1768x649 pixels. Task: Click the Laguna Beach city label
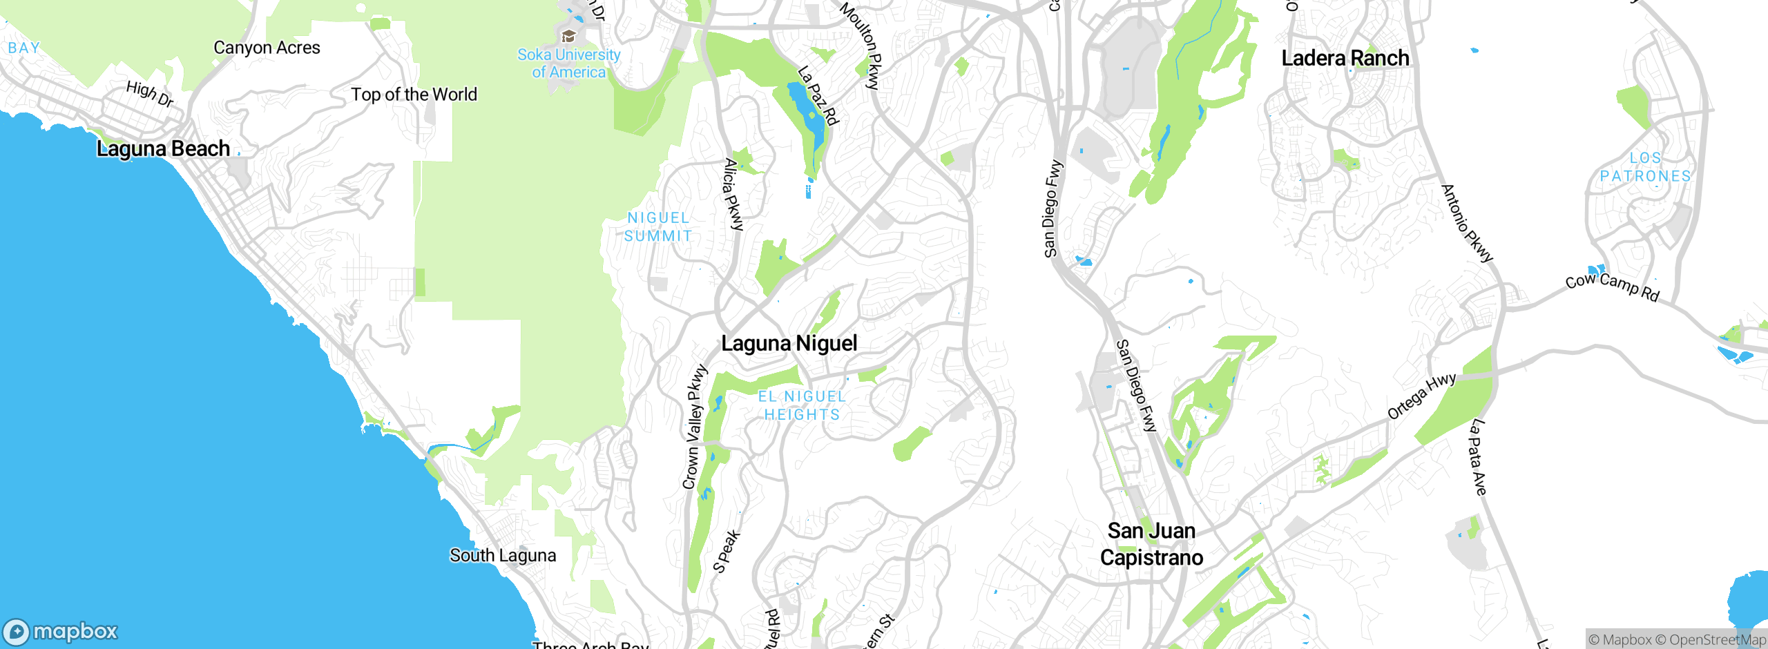click(163, 148)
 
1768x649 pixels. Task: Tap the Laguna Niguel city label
click(789, 343)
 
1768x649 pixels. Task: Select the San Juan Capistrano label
click(1151, 544)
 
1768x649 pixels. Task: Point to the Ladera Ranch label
click(1345, 58)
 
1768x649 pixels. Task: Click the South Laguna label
click(503, 555)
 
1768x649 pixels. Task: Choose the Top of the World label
click(414, 95)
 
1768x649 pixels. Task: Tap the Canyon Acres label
click(267, 48)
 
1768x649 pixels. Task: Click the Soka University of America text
click(569, 64)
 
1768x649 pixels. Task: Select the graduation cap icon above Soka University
click(568, 36)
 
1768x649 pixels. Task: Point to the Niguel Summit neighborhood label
click(657, 226)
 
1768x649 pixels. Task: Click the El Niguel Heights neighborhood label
click(802, 405)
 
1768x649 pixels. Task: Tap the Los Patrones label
click(1645, 167)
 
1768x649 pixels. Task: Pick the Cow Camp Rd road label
click(1612, 285)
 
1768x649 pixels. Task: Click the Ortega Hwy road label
click(1421, 396)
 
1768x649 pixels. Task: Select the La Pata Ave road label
click(1477, 457)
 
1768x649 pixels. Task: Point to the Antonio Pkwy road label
click(1467, 222)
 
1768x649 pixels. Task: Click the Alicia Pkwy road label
click(733, 195)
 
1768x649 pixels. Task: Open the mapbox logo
click(61, 631)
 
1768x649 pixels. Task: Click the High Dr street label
click(150, 94)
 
